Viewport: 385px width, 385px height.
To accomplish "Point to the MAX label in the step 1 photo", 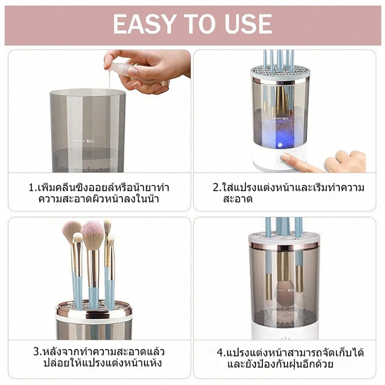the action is pyautogui.click(x=90, y=141).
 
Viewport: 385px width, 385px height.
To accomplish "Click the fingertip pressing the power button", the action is pyautogui.click(x=285, y=157).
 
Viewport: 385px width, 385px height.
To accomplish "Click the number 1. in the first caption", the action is pyautogui.click(x=33, y=188).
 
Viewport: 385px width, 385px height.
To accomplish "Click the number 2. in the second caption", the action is pyautogui.click(x=218, y=188).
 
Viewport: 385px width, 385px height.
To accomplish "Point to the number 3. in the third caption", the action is pyautogui.click(x=38, y=352).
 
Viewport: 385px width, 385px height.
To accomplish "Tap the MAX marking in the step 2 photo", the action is pyautogui.click(x=285, y=118).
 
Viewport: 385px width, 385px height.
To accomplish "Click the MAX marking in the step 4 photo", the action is pyautogui.click(x=291, y=290).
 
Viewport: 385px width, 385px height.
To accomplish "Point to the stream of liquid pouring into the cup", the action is pyautogui.click(x=109, y=80).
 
